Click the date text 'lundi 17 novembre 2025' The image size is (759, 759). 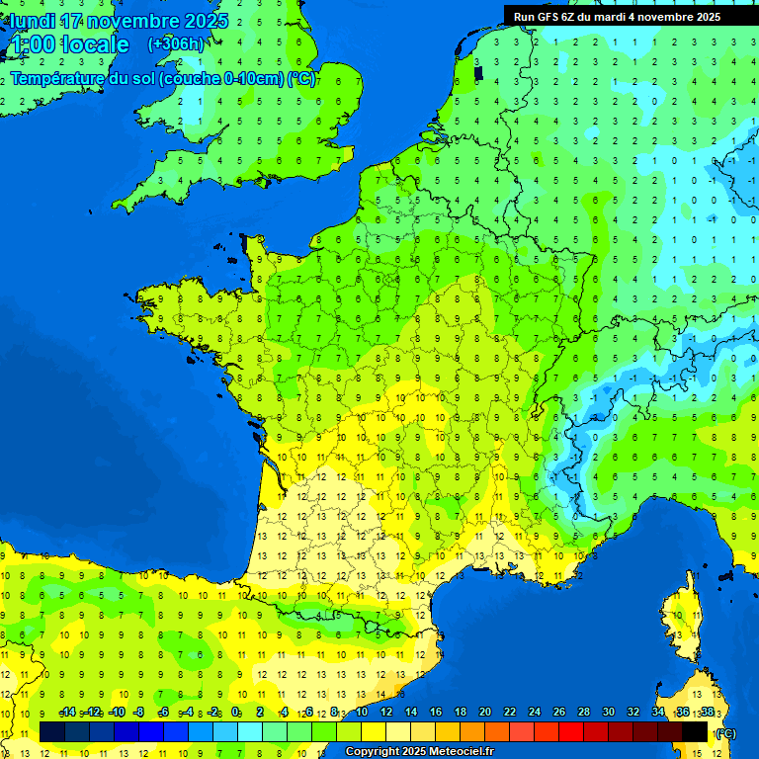click(119, 21)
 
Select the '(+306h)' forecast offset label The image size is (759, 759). click(175, 43)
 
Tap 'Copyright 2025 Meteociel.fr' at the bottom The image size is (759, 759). click(419, 751)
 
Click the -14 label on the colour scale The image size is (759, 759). click(68, 713)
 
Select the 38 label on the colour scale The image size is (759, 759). click(708, 713)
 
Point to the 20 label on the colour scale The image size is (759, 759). click(485, 713)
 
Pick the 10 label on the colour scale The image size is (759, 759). click(362, 713)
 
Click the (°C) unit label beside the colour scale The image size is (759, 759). click(725, 732)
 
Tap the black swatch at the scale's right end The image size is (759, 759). click(696, 731)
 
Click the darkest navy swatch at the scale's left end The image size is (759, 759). click(52, 731)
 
